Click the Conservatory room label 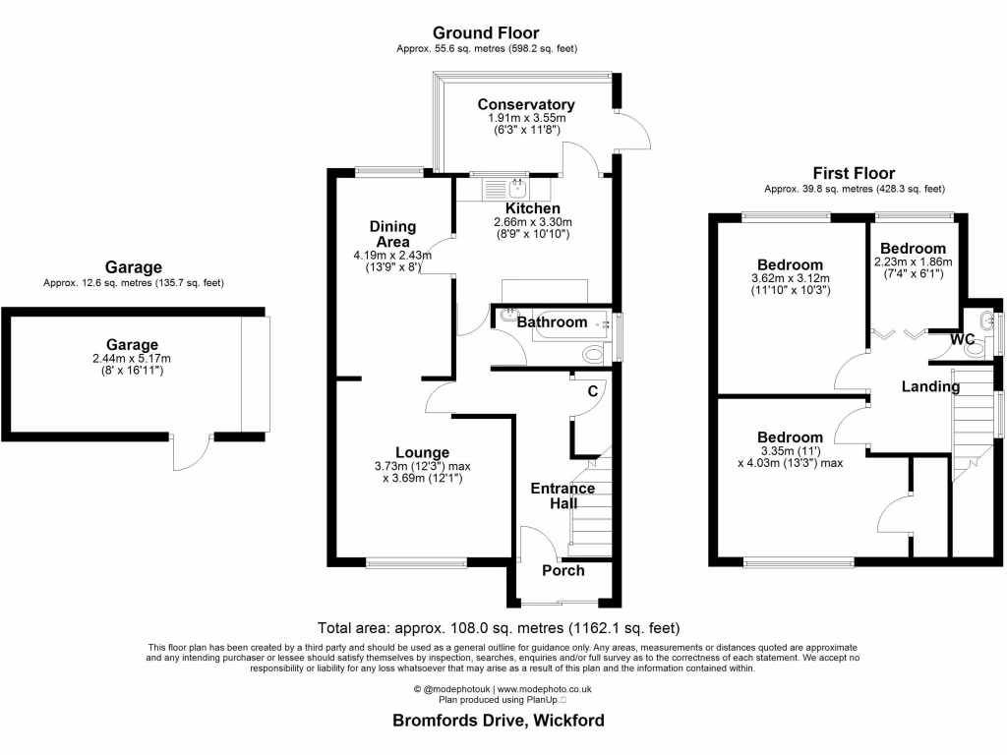pos(526,104)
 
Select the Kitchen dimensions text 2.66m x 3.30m pos(532,222)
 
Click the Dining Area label pos(392,234)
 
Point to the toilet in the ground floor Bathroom pos(594,354)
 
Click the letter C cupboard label pos(592,391)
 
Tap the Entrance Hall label pos(563,495)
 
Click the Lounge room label pos(424,452)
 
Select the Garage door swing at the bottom pos(190,453)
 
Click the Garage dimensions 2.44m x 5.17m pos(133,359)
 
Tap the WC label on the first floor pos(962,339)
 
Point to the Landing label pos(930,386)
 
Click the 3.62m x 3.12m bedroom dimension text pos(790,278)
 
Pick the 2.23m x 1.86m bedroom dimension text pos(913,262)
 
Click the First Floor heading pos(854,173)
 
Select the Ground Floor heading pos(486,33)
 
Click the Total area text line pos(499,627)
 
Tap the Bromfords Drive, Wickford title pos(499,720)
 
